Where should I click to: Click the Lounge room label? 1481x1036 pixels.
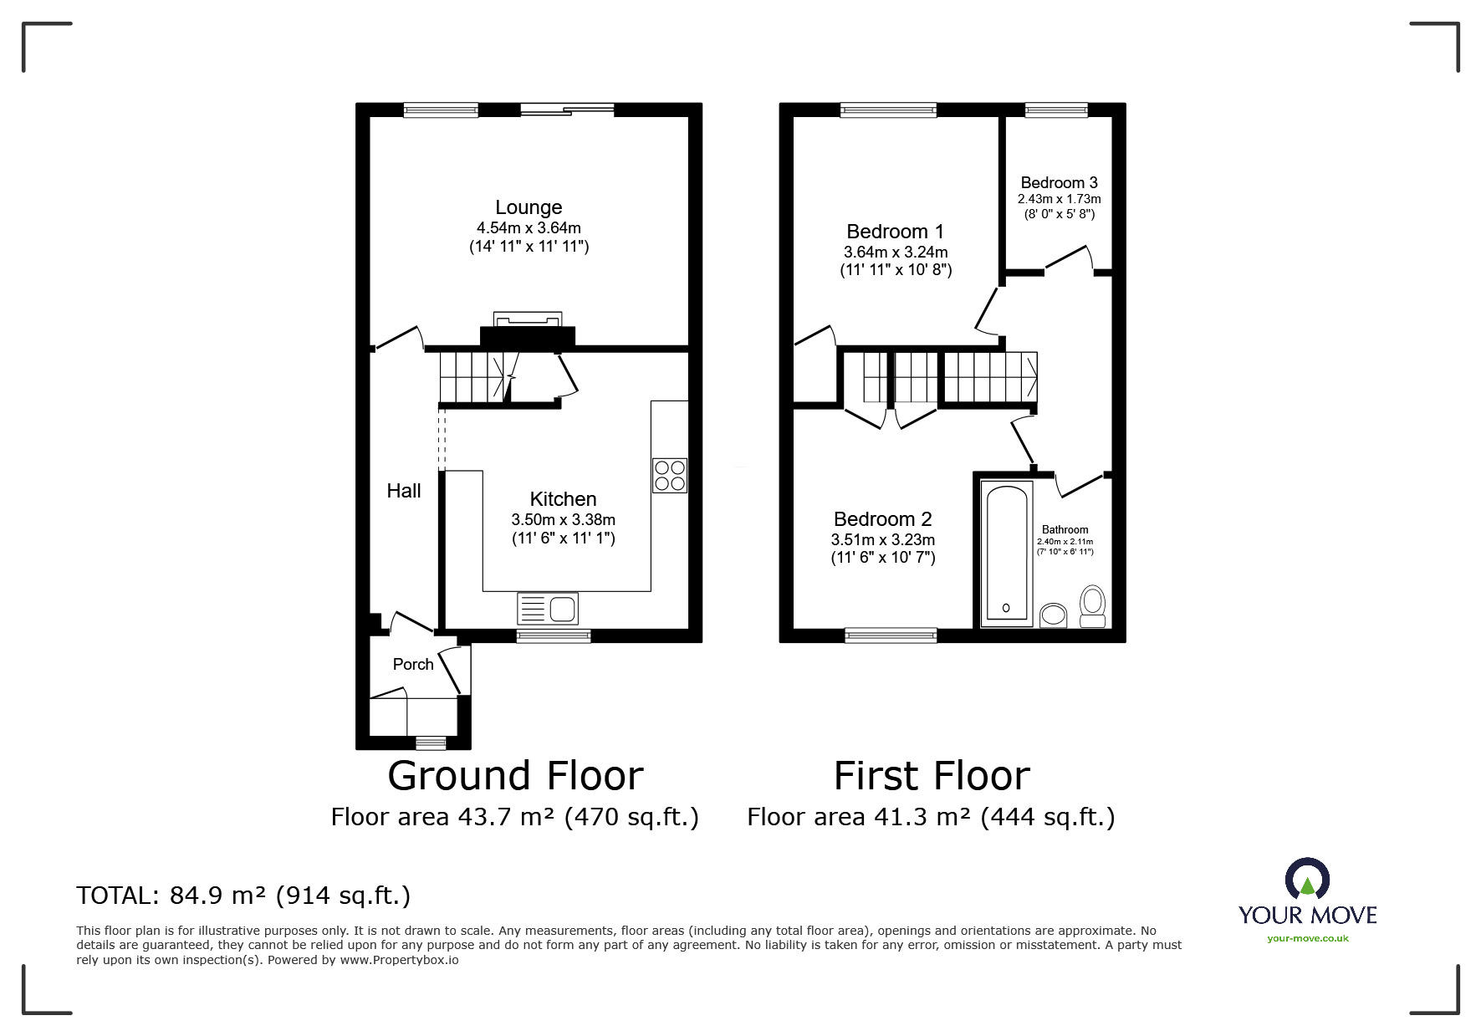coord(529,207)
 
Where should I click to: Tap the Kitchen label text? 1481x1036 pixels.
coord(563,499)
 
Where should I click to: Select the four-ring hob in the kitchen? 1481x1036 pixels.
coord(670,475)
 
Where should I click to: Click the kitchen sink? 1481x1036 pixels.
coord(548,608)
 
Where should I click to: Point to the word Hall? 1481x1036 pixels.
coord(404,491)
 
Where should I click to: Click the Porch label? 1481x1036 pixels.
coord(413,664)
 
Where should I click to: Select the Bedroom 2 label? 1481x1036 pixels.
coord(882,519)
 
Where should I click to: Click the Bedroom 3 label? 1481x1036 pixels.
coord(1059,182)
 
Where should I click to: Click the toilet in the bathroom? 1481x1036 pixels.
coord(1093,605)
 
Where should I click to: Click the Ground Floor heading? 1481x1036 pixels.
coord(515,776)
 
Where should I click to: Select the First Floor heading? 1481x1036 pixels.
coord(932,776)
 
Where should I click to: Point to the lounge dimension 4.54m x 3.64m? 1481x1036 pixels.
coord(529,227)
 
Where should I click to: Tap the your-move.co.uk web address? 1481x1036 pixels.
coord(1307,938)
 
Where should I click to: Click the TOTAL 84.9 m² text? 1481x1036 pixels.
coord(243,896)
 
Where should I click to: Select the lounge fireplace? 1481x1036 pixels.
coord(527,330)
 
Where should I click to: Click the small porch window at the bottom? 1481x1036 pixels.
coord(431,741)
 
